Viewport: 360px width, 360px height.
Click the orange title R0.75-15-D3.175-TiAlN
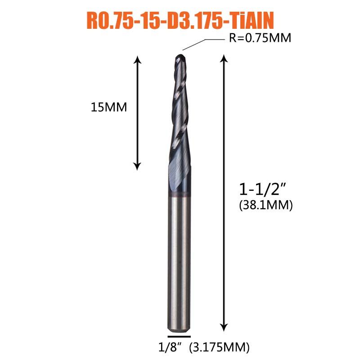click(x=180, y=20)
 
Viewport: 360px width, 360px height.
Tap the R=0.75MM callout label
click(x=260, y=38)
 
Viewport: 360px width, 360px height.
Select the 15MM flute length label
click(x=109, y=107)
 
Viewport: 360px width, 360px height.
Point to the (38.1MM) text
click(x=266, y=205)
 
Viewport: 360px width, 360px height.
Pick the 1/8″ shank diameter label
click(x=169, y=347)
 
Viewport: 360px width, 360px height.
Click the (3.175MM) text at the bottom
click(x=219, y=347)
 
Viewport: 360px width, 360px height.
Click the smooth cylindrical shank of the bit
click(x=179, y=264)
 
